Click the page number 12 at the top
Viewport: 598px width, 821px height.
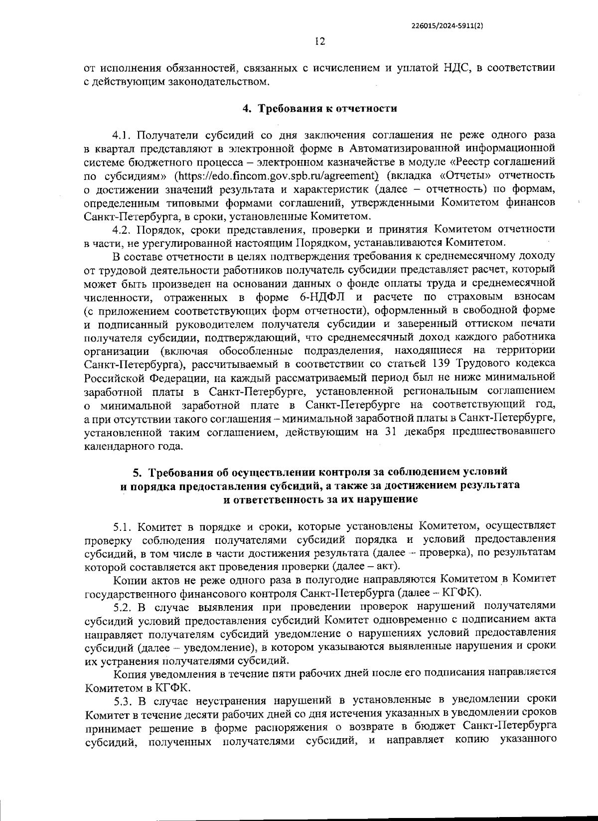click(319, 42)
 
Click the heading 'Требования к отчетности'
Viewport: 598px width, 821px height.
click(326, 108)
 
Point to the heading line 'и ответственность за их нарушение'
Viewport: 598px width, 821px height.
click(319, 498)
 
